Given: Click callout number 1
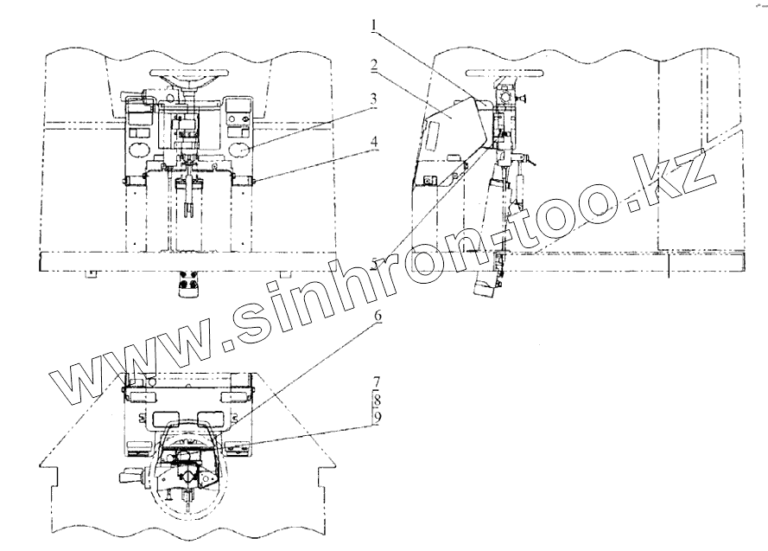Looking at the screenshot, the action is (374, 24).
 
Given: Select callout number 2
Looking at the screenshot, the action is (374, 65).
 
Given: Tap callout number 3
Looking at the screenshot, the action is (374, 99).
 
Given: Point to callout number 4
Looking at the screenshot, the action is (374, 142).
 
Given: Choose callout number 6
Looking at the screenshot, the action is (378, 316).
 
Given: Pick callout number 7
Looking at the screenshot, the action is (376, 381).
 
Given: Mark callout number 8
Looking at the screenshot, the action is (377, 400).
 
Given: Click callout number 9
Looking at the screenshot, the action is (377, 418).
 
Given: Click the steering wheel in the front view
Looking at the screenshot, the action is (189, 74).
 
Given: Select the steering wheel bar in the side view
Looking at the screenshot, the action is (505, 73).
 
